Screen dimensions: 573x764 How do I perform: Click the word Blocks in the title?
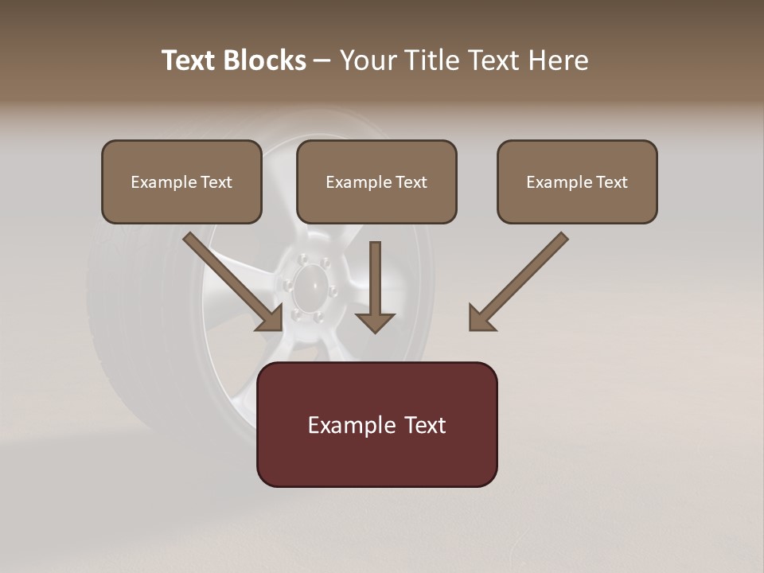[x=264, y=60]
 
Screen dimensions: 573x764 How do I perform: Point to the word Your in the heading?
[x=368, y=60]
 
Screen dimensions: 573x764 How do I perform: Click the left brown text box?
[x=181, y=182]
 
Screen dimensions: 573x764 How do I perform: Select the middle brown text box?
[x=376, y=182]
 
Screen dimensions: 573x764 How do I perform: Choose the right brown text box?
[x=577, y=182]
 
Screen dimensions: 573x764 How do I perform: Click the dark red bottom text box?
[x=376, y=424]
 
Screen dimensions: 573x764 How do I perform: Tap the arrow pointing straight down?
[x=375, y=286]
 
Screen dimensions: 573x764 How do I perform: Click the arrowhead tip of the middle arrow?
[x=375, y=329]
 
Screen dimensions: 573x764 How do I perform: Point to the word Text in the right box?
[x=612, y=182]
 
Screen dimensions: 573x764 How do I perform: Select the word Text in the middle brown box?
[x=411, y=182]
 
